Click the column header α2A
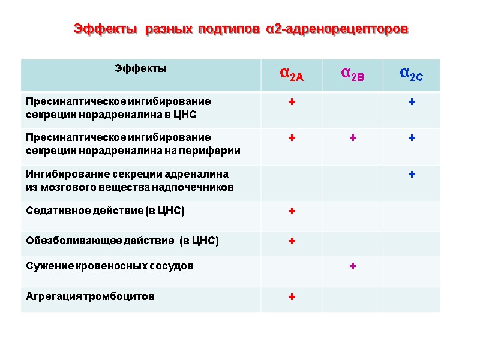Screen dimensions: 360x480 pyautogui.click(x=292, y=74)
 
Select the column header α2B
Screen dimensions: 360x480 pyautogui.click(x=352, y=74)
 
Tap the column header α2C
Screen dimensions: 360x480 pyautogui.click(x=411, y=74)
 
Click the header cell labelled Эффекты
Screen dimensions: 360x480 pyautogui.click(x=141, y=68)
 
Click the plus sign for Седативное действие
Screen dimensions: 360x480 pyautogui.click(x=292, y=211)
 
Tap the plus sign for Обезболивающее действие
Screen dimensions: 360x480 pyautogui.click(x=292, y=241)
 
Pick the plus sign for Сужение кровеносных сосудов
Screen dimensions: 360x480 pyautogui.click(x=353, y=266)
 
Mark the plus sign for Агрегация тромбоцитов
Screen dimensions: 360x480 pyautogui.click(x=292, y=296)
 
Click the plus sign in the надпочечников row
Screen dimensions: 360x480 pyautogui.click(x=412, y=175)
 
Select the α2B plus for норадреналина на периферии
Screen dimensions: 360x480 pyautogui.click(x=353, y=139)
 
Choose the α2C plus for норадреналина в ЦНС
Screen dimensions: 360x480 pyautogui.click(x=412, y=103)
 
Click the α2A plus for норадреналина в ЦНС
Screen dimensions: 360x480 pyautogui.click(x=292, y=103)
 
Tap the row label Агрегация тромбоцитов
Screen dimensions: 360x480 pyautogui.click(x=90, y=296)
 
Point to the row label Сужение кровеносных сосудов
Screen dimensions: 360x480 pyautogui.click(x=110, y=266)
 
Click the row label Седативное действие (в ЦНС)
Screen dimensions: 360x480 pyautogui.click(x=105, y=211)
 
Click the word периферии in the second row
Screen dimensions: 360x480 pyautogui.click(x=214, y=151)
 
